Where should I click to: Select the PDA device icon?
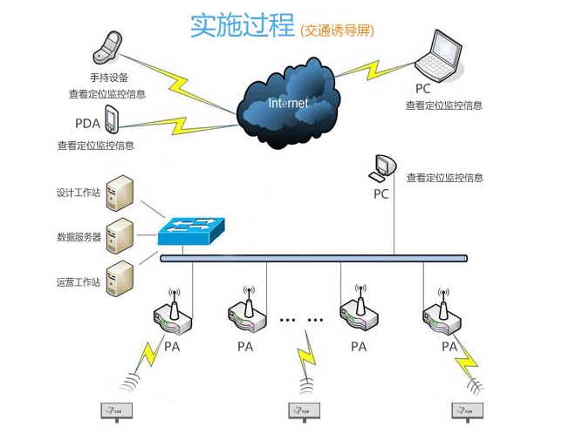(x=111, y=117)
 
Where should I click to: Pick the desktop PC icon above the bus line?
(x=382, y=166)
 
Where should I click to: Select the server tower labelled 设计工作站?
(x=120, y=193)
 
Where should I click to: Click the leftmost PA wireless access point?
(x=172, y=315)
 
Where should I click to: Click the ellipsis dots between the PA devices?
(x=301, y=320)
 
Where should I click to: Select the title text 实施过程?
(x=242, y=25)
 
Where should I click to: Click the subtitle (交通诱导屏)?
(x=336, y=31)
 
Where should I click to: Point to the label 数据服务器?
(x=79, y=236)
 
